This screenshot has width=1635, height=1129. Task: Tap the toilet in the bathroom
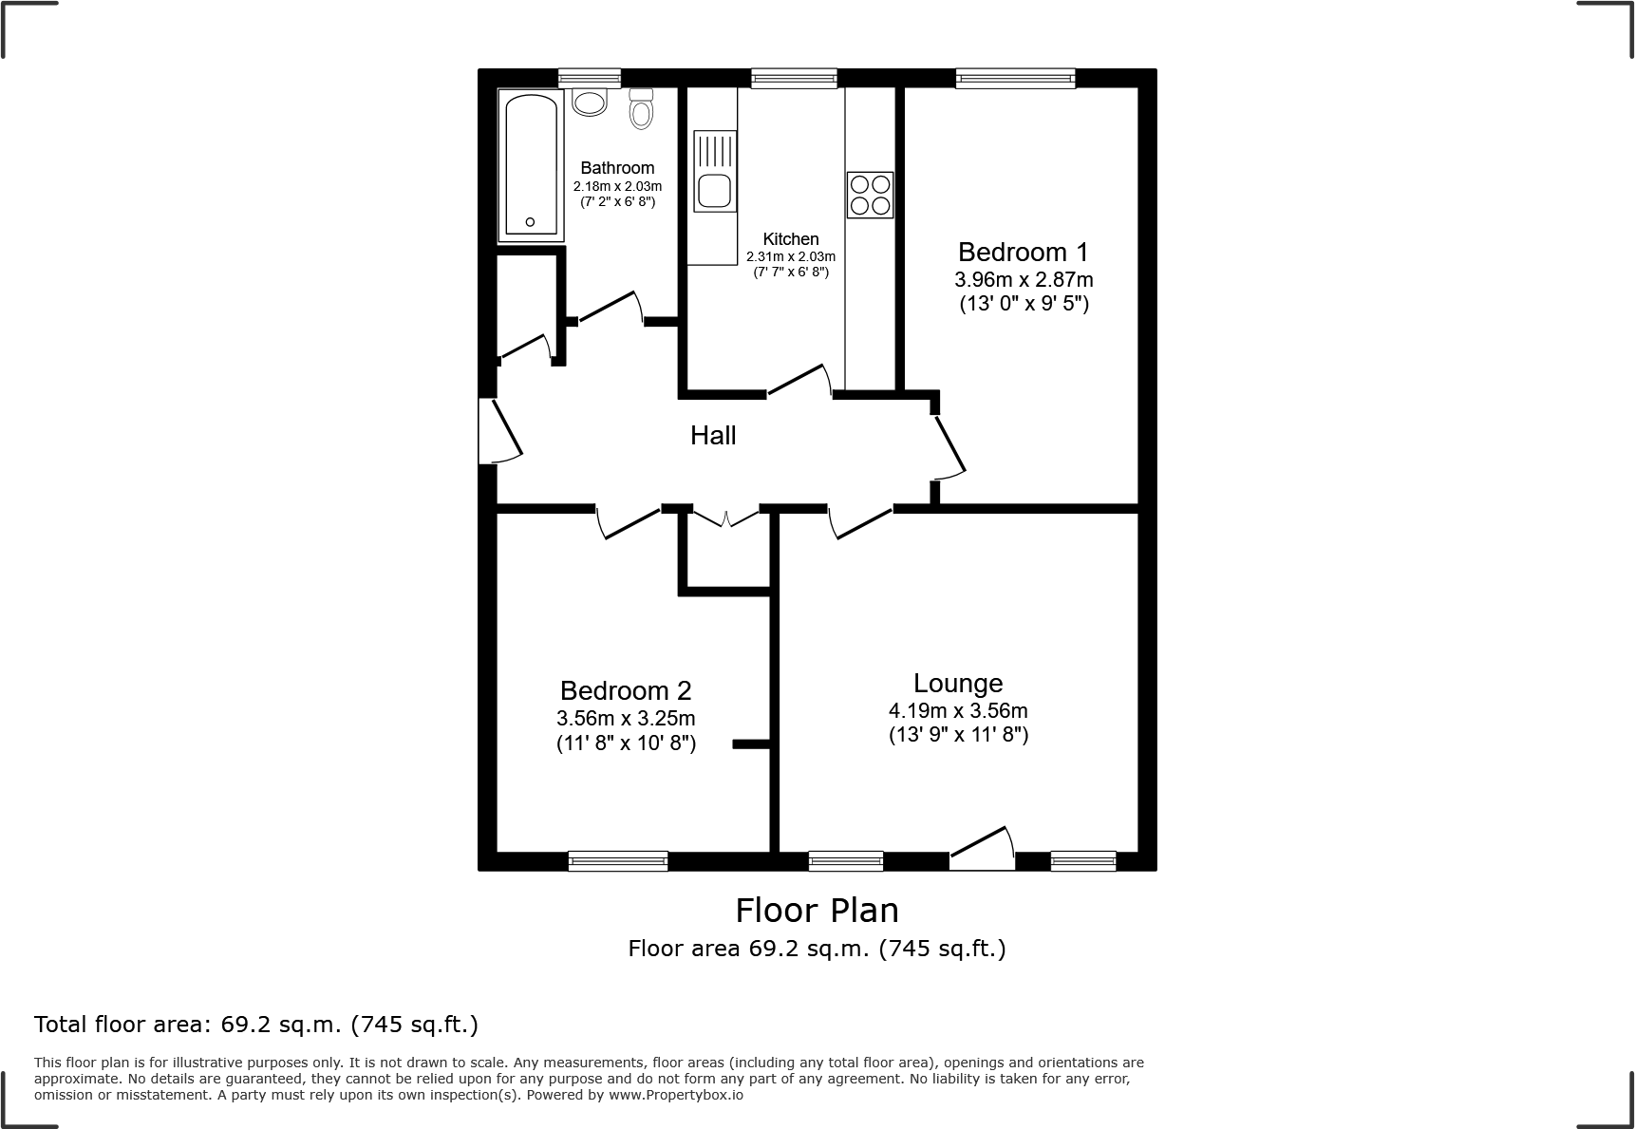[x=642, y=111]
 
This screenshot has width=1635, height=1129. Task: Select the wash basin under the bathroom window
[x=590, y=102]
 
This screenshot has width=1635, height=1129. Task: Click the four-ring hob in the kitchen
[x=870, y=195]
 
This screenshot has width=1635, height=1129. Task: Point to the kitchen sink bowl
[x=713, y=191]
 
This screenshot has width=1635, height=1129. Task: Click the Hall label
[x=713, y=436]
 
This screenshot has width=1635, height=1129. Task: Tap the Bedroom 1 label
[x=1023, y=253]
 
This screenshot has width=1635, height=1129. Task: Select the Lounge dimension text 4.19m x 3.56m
[x=958, y=710]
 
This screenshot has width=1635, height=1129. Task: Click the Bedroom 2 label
[x=626, y=690]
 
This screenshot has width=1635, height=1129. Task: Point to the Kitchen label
[x=791, y=239]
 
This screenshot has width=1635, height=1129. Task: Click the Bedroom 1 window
[x=1015, y=79]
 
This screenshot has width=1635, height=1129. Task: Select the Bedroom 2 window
[x=618, y=860]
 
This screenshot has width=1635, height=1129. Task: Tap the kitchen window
[x=794, y=79]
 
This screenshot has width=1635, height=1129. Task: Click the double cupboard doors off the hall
[x=725, y=517]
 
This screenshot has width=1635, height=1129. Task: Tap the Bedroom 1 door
[x=949, y=446]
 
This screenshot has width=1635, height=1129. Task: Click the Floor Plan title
[x=817, y=911]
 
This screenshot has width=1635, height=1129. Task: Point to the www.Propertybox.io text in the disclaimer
[x=675, y=1095]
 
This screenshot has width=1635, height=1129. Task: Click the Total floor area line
[x=256, y=1025]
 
